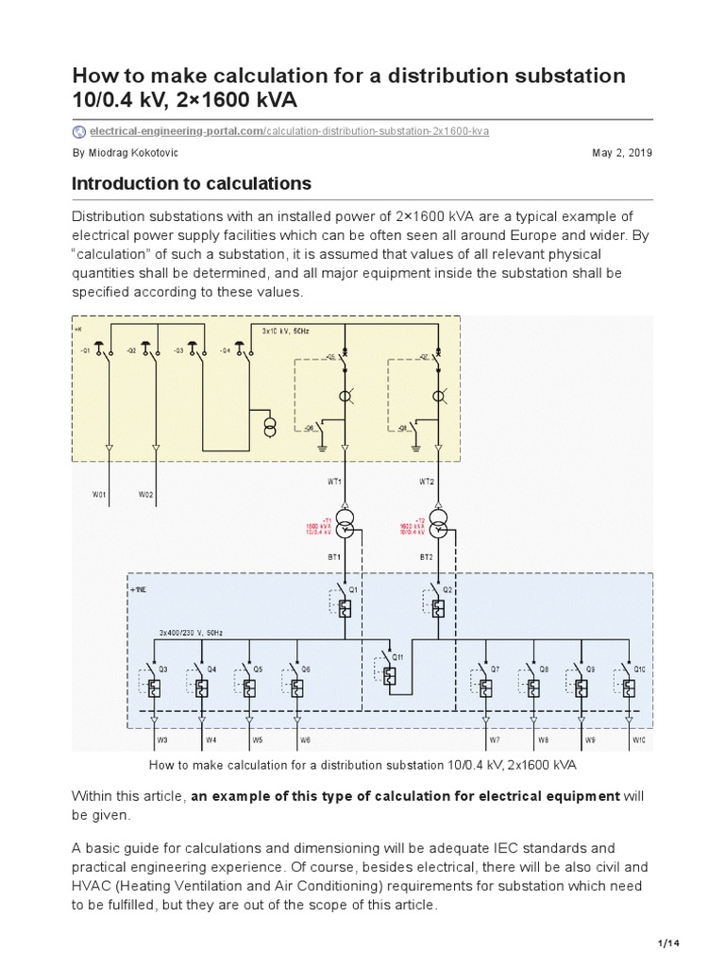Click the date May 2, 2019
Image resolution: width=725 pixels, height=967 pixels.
[x=621, y=153]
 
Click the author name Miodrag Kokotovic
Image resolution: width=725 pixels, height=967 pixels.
[x=131, y=153]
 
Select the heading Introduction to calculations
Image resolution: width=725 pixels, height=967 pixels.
[x=192, y=183]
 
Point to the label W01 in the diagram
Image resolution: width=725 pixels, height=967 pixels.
[x=99, y=494]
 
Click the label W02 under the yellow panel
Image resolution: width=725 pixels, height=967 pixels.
[x=146, y=494]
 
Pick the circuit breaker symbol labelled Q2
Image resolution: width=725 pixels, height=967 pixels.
[x=438, y=608]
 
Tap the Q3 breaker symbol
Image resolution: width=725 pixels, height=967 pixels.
[x=154, y=687]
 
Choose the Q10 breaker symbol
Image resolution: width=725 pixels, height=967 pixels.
[x=628, y=687]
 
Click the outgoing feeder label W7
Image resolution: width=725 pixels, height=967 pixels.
[x=492, y=740]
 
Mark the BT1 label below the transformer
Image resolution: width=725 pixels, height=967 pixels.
[x=333, y=557]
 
